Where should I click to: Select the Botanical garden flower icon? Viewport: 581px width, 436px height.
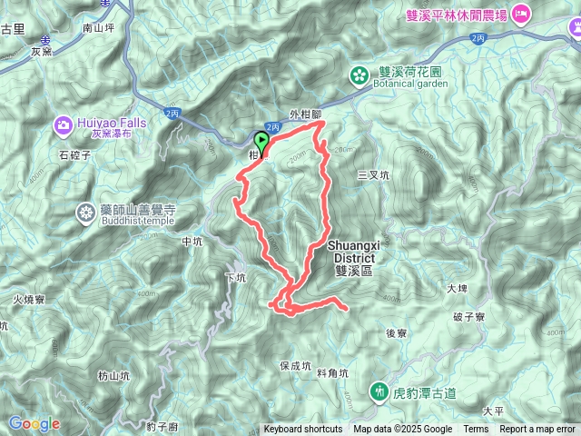click(x=360, y=74)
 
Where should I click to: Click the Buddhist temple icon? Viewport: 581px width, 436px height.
click(x=86, y=213)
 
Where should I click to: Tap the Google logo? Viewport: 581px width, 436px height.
click(x=34, y=423)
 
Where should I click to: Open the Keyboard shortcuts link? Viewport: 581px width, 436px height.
click(x=303, y=430)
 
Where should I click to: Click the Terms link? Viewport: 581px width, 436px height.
click(x=476, y=430)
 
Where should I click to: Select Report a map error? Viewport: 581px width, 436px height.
click(x=537, y=430)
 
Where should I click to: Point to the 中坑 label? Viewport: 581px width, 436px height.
click(x=192, y=243)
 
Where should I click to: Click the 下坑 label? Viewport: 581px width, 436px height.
click(x=234, y=278)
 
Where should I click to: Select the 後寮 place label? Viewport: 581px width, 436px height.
click(x=396, y=333)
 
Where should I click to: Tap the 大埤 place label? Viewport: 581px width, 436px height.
click(x=458, y=289)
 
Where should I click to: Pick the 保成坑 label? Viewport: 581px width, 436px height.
click(x=296, y=366)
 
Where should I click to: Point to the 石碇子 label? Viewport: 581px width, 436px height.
click(x=76, y=155)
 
